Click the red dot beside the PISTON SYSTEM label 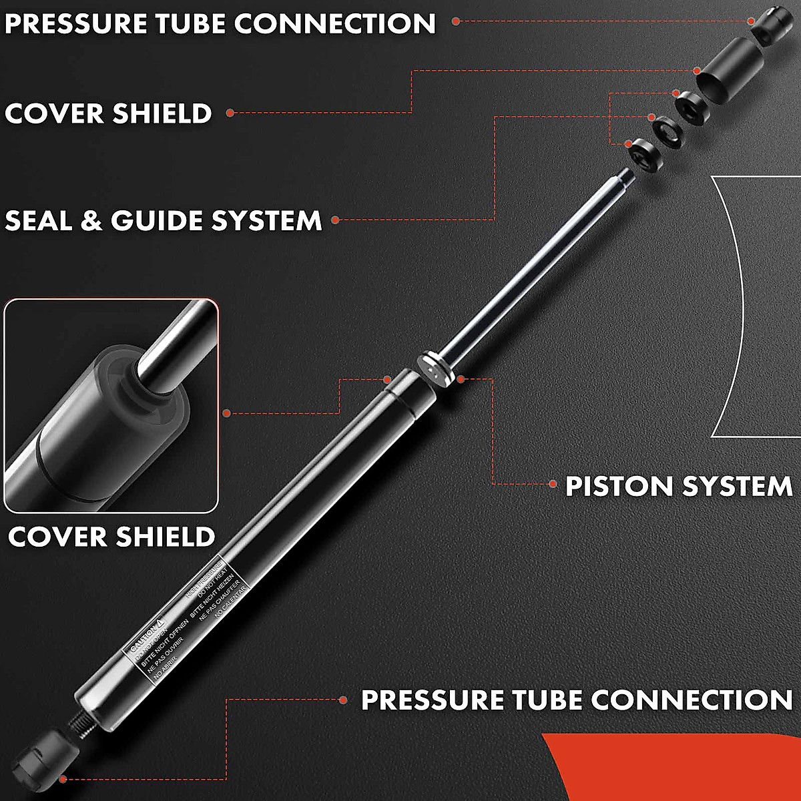coord(552,483)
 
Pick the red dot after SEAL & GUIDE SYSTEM coord(335,220)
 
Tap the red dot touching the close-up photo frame coord(226,413)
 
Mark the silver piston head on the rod coord(433,368)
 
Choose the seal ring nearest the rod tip coord(643,155)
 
